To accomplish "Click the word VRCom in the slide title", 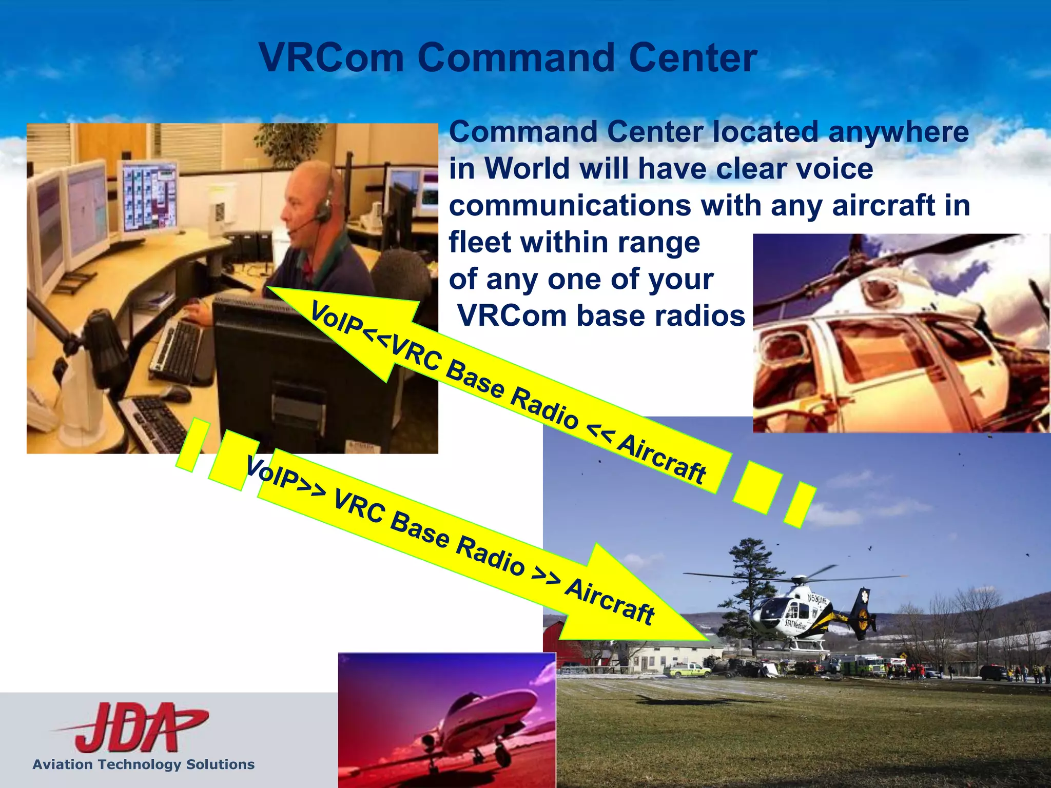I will click(332, 57).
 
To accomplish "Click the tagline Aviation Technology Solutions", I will click(144, 764).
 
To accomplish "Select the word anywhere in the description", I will click(898, 132).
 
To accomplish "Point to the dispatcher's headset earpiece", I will click(323, 210).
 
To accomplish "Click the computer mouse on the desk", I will click(174, 392).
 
